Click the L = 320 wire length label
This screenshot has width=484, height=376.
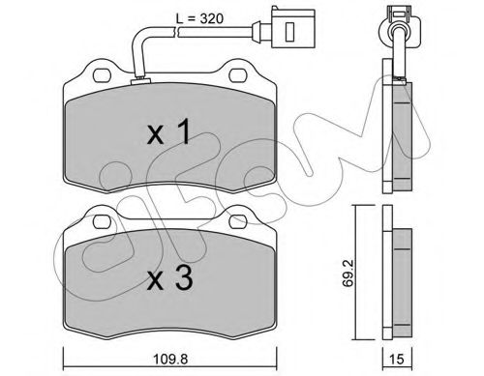pyautogui.click(x=199, y=18)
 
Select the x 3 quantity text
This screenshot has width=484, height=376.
pyautogui.click(x=170, y=278)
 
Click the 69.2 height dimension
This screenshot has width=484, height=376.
pyautogui.click(x=348, y=273)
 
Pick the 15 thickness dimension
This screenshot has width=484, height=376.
pyautogui.click(x=397, y=360)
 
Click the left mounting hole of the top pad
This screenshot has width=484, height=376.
pyautogui.click(x=102, y=75)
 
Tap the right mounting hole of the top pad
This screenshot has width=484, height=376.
pyautogui.click(x=238, y=75)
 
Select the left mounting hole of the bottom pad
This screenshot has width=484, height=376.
pyautogui.click(x=102, y=221)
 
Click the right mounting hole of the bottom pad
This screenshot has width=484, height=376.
pyautogui.click(x=238, y=221)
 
